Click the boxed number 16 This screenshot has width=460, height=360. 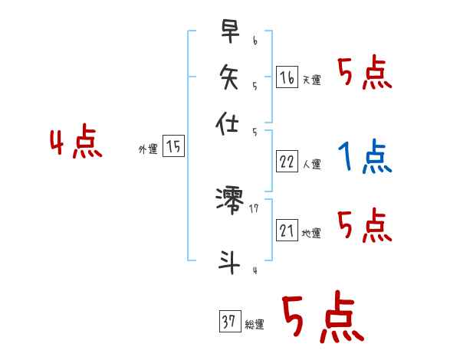click(286, 77)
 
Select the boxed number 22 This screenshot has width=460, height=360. click(287, 162)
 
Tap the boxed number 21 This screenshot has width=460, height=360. click(287, 231)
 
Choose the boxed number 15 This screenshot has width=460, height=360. click(174, 147)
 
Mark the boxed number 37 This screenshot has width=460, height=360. click(228, 322)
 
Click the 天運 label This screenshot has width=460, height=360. click(311, 80)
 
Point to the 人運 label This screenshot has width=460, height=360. click(312, 164)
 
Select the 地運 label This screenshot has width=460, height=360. click(312, 234)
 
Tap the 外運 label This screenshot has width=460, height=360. click(148, 150)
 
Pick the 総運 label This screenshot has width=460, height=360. click(254, 326)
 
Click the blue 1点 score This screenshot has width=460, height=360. click(365, 156)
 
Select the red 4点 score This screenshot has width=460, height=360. click(75, 143)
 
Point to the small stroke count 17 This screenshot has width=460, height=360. click(255, 208)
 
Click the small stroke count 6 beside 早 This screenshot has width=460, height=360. click(255, 39)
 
